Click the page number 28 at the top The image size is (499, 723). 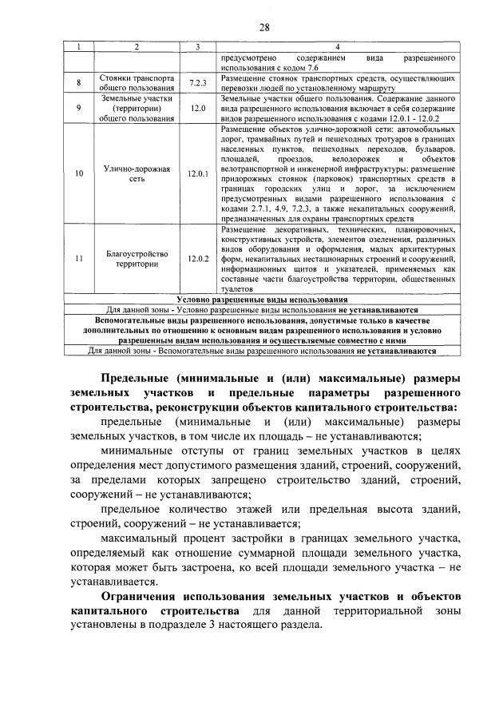264,27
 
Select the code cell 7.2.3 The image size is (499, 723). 197,82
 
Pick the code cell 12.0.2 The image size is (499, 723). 197,259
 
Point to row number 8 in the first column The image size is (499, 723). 78,82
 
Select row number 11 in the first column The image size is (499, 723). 78,259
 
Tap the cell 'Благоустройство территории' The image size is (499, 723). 136,259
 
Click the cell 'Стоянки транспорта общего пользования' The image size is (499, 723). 136,82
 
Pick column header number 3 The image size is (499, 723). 197,47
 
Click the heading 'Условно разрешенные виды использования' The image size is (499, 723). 264,299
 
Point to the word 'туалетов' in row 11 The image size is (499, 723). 234,291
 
